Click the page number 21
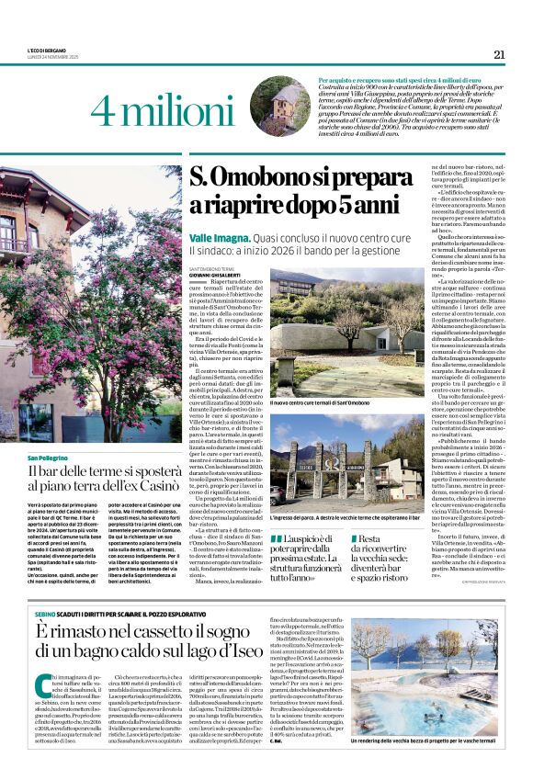[x=499, y=54]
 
